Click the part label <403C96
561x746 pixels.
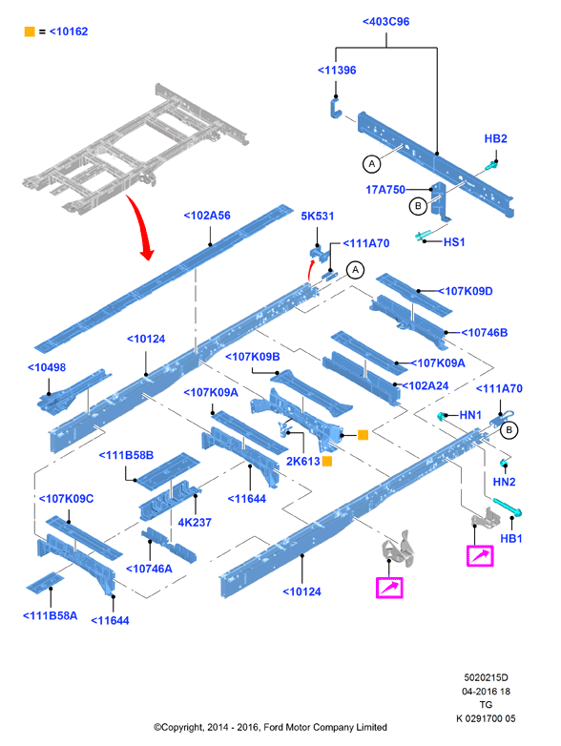point(385,22)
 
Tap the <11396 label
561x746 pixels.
point(337,71)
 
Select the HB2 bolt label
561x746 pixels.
point(496,139)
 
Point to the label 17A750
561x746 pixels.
point(385,190)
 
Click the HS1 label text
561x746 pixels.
point(454,242)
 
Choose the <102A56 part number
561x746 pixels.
point(207,216)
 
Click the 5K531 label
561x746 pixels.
point(318,216)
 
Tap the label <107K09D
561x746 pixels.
point(466,291)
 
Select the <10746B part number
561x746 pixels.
point(485,333)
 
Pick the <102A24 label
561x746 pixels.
point(426,385)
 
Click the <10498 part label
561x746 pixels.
point(47,367)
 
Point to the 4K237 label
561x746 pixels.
point(194,523)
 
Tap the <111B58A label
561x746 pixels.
point(50,615)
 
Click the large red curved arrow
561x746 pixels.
point(142,227)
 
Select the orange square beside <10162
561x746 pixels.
point(30,31)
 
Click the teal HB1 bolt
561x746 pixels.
point(508,508)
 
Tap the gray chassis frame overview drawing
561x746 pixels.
point(135,149)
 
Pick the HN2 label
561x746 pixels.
point(504,482)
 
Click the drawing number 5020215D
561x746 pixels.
point(486,677)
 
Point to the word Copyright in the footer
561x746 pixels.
point(182,728)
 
